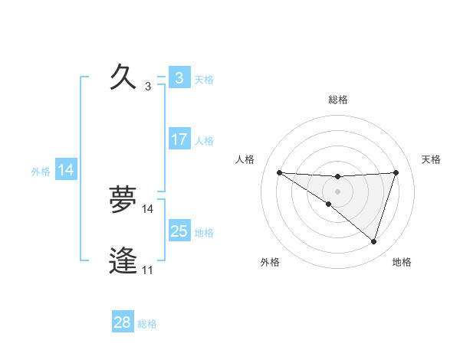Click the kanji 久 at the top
[x=123, y=78]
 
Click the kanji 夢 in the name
[x=123, y=201]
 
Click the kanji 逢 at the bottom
[x=123, y=262]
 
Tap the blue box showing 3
[x=179, y=78]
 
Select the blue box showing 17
[x=179, y=139]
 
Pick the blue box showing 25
[x=179, y=231]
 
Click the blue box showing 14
[x=66, y=171]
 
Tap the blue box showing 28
[x=123, y=322]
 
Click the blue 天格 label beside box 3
[x=204, y=79]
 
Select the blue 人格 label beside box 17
[x=204, y=141]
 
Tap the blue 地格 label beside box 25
[x=204, y=233]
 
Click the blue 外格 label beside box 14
[x=41, y=172]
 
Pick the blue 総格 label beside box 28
[x=147, y=324]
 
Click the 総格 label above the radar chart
[x=338, y=100]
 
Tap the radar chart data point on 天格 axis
[x=396, y=172]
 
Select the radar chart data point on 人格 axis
[x=279, y=172]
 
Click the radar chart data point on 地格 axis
[x=373, y=242]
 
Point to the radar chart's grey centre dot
[x=337, y=191]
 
